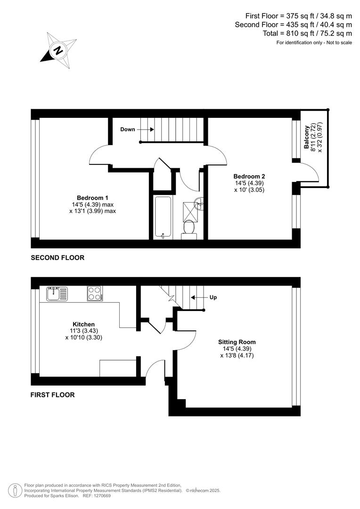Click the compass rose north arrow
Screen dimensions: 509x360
tap(58, 49)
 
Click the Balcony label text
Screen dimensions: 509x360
tap(307, 137)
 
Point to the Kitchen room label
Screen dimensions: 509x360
tap(83, 324)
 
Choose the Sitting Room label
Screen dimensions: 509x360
tap(237, 342)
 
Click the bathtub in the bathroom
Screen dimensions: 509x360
tap(163, 217)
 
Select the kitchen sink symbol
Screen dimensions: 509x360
tap(57, 294)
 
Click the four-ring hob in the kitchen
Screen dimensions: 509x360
tap(95, 294)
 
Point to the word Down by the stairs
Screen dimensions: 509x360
tap(127, 129)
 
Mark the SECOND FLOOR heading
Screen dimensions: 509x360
tap(57, 258)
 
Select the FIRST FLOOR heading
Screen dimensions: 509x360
tap(53, 394)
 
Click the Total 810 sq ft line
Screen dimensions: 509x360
tap(307, 33)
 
